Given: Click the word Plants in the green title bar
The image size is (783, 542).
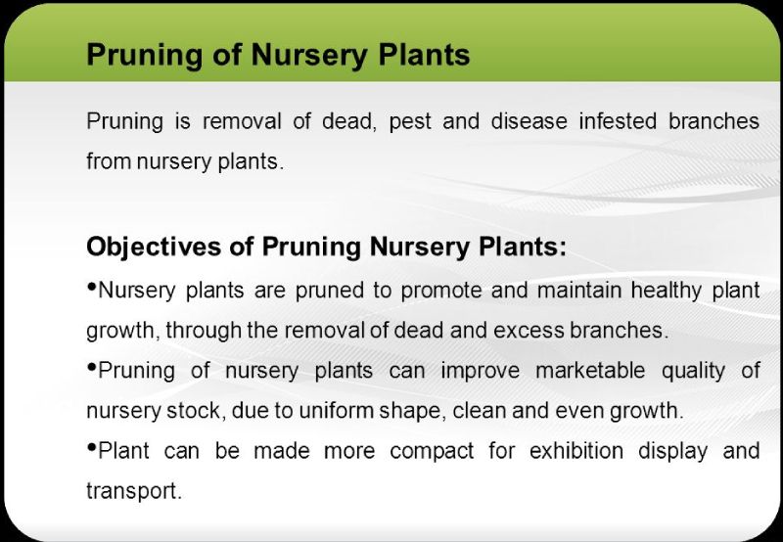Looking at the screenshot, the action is pos(424,54).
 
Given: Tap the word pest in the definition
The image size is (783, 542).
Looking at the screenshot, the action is pos(409,122).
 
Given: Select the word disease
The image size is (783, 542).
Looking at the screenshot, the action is pos(529,121).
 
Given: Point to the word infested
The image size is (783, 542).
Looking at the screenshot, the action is pos(618,121).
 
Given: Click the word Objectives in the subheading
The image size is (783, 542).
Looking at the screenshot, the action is pos(154,247).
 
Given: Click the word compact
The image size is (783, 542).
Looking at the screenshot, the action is pos(432,452).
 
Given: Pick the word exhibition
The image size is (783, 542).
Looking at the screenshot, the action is pos(576,451).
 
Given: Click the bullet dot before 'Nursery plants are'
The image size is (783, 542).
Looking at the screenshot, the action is pos(91,287).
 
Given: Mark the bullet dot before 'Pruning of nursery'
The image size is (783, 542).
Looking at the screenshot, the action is pos(91,367).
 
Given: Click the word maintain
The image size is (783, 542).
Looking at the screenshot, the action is pos(578,290).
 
